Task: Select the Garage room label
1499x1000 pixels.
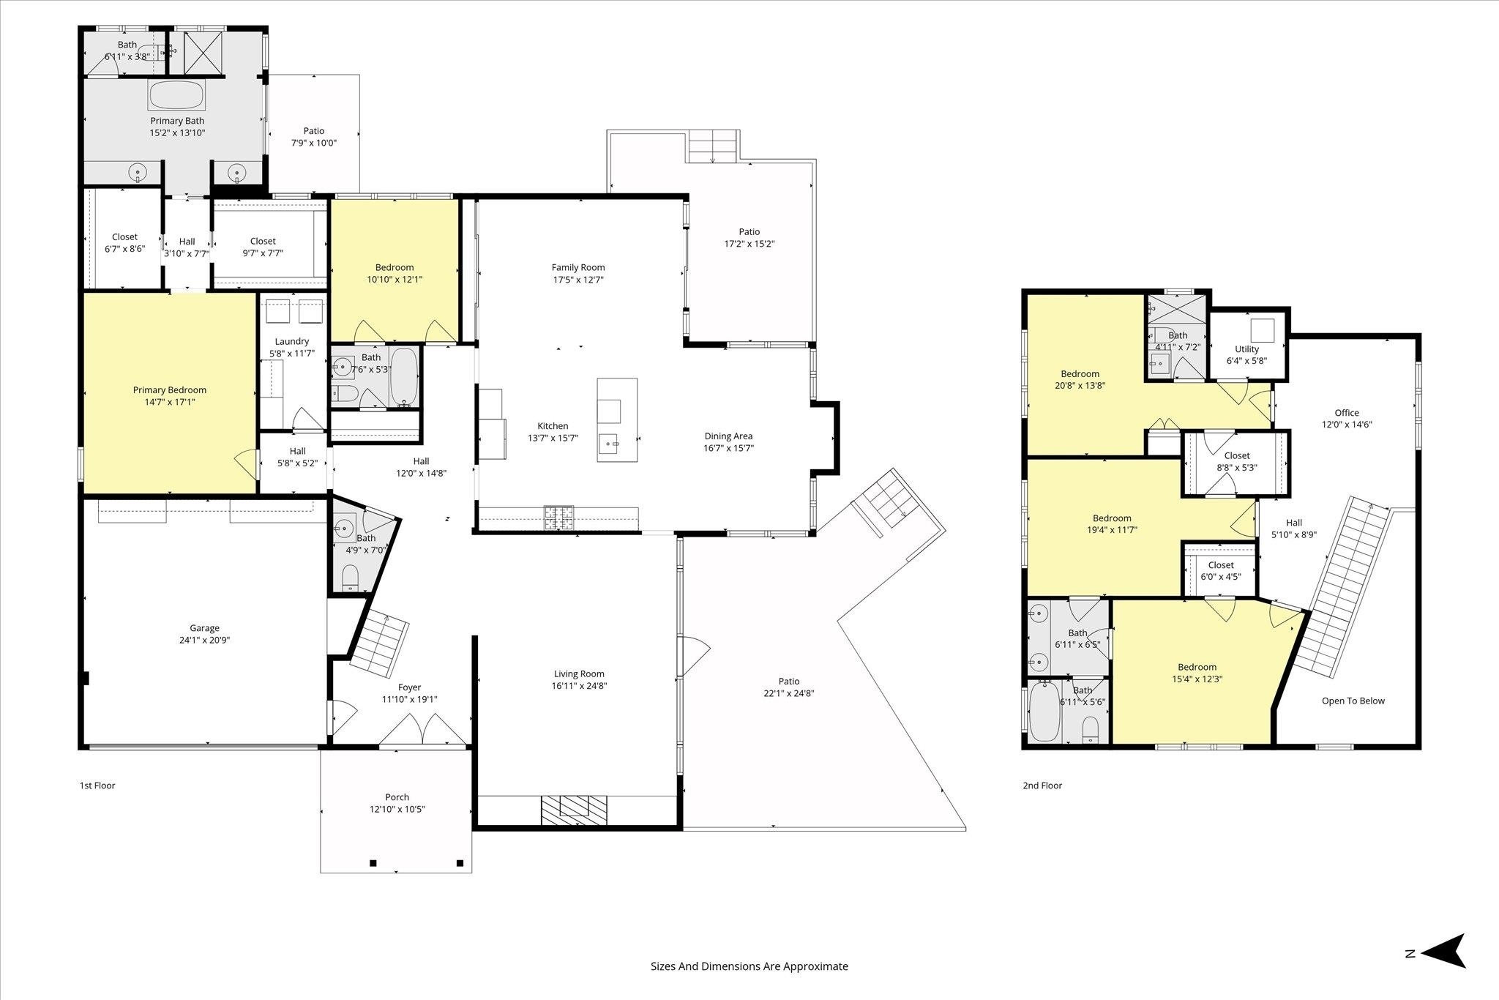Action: pyautogui.click(x=204, y=627)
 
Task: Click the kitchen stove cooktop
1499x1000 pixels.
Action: pyautogui.click(x=558, y=518)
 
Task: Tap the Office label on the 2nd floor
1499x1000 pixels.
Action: pyautogui.click(x=1347, y=412)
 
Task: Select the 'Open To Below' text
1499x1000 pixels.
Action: pyautogui.click(x=1353, y=701)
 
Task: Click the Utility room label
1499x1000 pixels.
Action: pyautogui.click(x=1246, y=348)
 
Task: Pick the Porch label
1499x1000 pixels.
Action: pyautogui.click(x=397, y=796)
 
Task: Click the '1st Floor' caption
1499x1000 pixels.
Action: pyautogui.click(x=97, y=786)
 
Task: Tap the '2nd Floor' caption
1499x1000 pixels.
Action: pyautogui.click(x=1042, y=786)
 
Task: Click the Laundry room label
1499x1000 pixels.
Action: pyautogui.click(x=292, y=341)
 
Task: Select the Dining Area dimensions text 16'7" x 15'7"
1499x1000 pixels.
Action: pyautogui.click(x=728, y=448)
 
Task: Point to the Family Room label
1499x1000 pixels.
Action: pyautogui.click(x=578, y=267)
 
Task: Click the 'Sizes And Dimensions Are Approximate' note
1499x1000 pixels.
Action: pyautogui.click(x=749, y=966)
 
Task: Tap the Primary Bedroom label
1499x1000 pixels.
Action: pyautogui.click(x=170, y=389)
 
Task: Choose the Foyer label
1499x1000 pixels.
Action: pyautogui.click(x=410, y=687)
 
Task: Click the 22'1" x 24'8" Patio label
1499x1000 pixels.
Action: pyautogui.click(x=789, y=693)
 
